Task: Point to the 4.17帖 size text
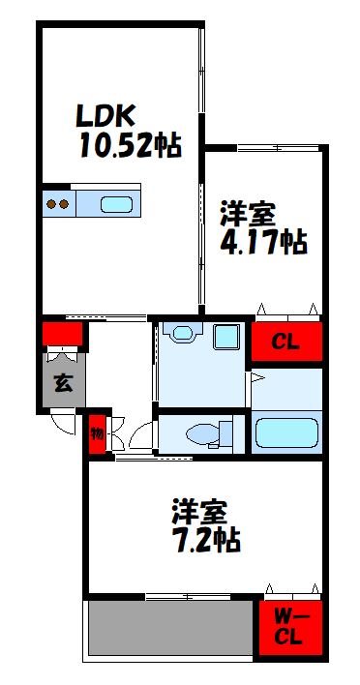(x=263, y=242)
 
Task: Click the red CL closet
(x=285, y=342)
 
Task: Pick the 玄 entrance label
(x=62, y=381)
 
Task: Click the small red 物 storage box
(x=97, y=433)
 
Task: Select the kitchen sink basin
(x=115, y=204)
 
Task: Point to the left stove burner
(x=52, y=204)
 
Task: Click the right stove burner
(x=66, y=204)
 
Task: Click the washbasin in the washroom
(x=182, y=334)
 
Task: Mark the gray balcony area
(x=169, y=628)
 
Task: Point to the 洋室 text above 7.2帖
(x=201, y=510)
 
